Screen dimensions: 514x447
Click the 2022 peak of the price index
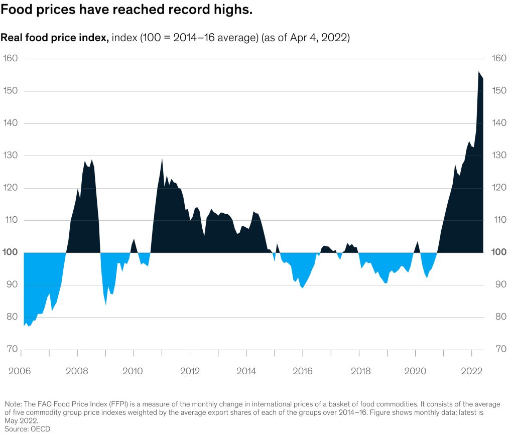(479, 71)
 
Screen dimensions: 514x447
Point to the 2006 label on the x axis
(20, 371)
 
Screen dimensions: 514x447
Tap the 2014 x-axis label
(246, 371)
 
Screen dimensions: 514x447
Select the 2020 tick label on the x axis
(415, 371)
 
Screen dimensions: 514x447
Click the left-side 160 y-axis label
(10, 58)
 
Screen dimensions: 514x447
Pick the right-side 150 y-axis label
(499, 90)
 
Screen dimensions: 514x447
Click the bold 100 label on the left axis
(10, 252)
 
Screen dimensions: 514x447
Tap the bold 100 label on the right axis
(499, 252)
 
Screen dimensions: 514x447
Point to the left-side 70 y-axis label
(12, 349)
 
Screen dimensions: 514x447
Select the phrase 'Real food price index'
(54, 38)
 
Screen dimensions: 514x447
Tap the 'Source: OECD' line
(28, 429)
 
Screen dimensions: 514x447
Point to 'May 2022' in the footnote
(21, 421)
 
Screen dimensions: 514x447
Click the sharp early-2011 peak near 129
(162, 159)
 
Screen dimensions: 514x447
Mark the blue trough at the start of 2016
(302, 287)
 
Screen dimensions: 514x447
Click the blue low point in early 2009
(106, 305)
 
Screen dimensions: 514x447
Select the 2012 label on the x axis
(190, 371)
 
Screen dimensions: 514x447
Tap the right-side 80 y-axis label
(501, 317)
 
